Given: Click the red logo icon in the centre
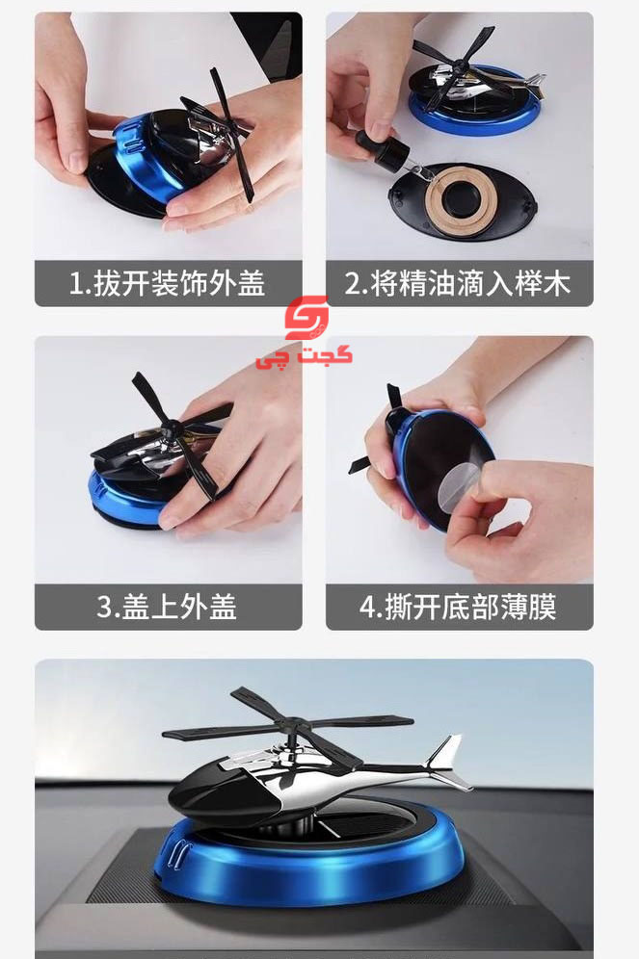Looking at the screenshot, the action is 306,318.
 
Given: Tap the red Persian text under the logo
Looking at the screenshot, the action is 305,356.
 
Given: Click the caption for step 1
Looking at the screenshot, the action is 167,284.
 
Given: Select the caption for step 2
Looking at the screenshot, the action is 458,284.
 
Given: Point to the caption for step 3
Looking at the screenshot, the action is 167,608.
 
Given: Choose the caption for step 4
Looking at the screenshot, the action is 458,608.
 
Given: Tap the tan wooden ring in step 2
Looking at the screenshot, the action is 456,200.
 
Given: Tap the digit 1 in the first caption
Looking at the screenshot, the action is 75,284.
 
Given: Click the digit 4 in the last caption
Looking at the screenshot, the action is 366,608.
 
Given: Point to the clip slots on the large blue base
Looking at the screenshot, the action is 178,852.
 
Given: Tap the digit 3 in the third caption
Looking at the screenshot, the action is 104,608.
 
